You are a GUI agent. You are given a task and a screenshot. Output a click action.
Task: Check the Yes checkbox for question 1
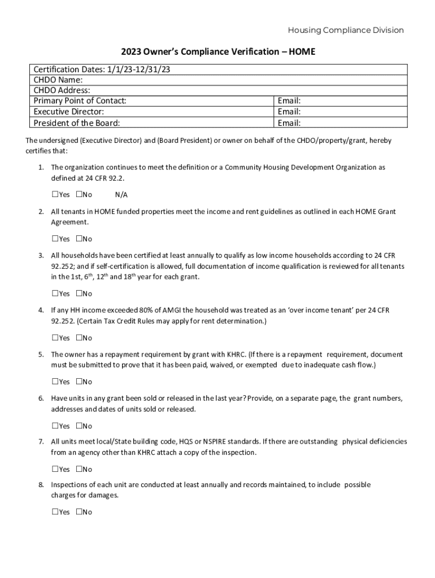55,195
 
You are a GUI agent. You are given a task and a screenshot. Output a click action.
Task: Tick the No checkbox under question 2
79,239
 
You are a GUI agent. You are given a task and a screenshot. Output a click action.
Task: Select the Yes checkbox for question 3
55,294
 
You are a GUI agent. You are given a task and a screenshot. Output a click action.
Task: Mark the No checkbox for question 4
79,338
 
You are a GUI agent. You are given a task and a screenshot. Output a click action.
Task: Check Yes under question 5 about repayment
55,382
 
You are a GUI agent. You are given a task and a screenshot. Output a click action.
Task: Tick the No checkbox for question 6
79,426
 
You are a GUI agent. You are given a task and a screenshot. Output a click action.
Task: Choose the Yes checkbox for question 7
55,469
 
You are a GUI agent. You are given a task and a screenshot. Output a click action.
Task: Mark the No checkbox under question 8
79,512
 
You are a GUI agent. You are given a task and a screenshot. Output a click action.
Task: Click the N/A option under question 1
121,195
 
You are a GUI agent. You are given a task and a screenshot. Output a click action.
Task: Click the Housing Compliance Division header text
346,30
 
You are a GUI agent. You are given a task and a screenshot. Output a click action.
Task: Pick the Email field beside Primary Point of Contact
340,101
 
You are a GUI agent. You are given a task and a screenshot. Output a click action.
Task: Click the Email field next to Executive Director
340,112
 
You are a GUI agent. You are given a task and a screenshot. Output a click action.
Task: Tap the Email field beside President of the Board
340,123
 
